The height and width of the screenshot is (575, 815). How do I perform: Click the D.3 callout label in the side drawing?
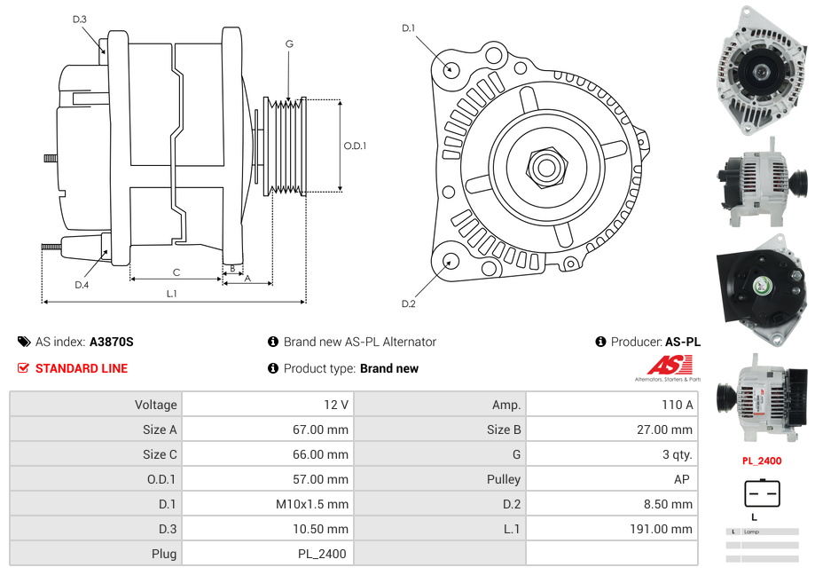click(80, 20)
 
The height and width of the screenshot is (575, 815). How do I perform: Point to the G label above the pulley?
click(289, 43)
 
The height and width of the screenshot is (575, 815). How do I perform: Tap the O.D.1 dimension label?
click(355, 146)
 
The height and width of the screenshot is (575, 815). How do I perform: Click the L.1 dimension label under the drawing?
click(171, 294)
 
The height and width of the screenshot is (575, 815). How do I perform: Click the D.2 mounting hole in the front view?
click(451, 261)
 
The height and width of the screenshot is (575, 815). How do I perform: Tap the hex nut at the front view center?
click(545, 165)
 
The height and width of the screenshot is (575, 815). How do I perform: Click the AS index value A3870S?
click(111, 342)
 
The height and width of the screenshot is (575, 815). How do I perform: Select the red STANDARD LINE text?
click(82, 368)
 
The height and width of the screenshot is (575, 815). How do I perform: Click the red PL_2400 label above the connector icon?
click(762, 461)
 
